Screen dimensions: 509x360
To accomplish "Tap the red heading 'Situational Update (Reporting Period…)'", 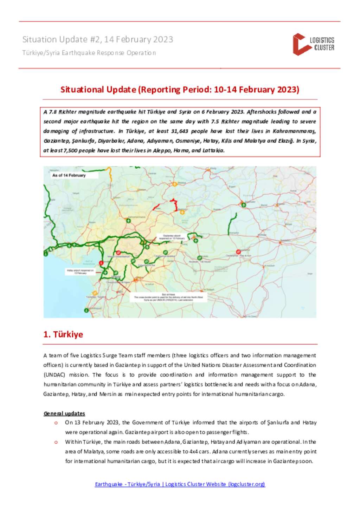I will pyautogui.click(x=180, y=90).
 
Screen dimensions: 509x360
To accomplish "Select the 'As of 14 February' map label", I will pyautogui.click(x=69, y=175).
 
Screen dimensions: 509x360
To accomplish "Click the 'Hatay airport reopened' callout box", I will pyautogui.click(x=80, y=272).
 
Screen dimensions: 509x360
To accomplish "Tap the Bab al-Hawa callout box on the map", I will pyautogui.click(x=168, y=297).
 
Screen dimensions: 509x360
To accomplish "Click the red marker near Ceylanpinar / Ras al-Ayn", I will pyautogui.click(x=238, y=252).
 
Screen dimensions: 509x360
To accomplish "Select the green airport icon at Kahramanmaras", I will pyautogui.click(x=129, y=221).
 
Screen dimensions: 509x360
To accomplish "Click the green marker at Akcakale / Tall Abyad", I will pyautogui.click(x=200, y=258).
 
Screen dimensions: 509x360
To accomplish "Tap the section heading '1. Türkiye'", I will pyautogui.click(x=63, y=334).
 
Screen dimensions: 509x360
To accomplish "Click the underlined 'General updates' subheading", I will pyautogui.click(x=64, y=413).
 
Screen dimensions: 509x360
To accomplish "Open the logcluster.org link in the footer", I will pyautogui.click(x=180, y=484).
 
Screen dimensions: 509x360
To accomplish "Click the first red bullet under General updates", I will pyautogui.click(x=56, y=423).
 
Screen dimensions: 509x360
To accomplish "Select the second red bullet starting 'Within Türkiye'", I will pyautogui.click(x=56, y=442).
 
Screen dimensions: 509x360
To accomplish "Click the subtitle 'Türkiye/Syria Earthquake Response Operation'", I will pyautogui.click(x=89, y=53).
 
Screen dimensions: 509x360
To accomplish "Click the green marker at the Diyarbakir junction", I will pyautogui.click(x=243, y=205).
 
